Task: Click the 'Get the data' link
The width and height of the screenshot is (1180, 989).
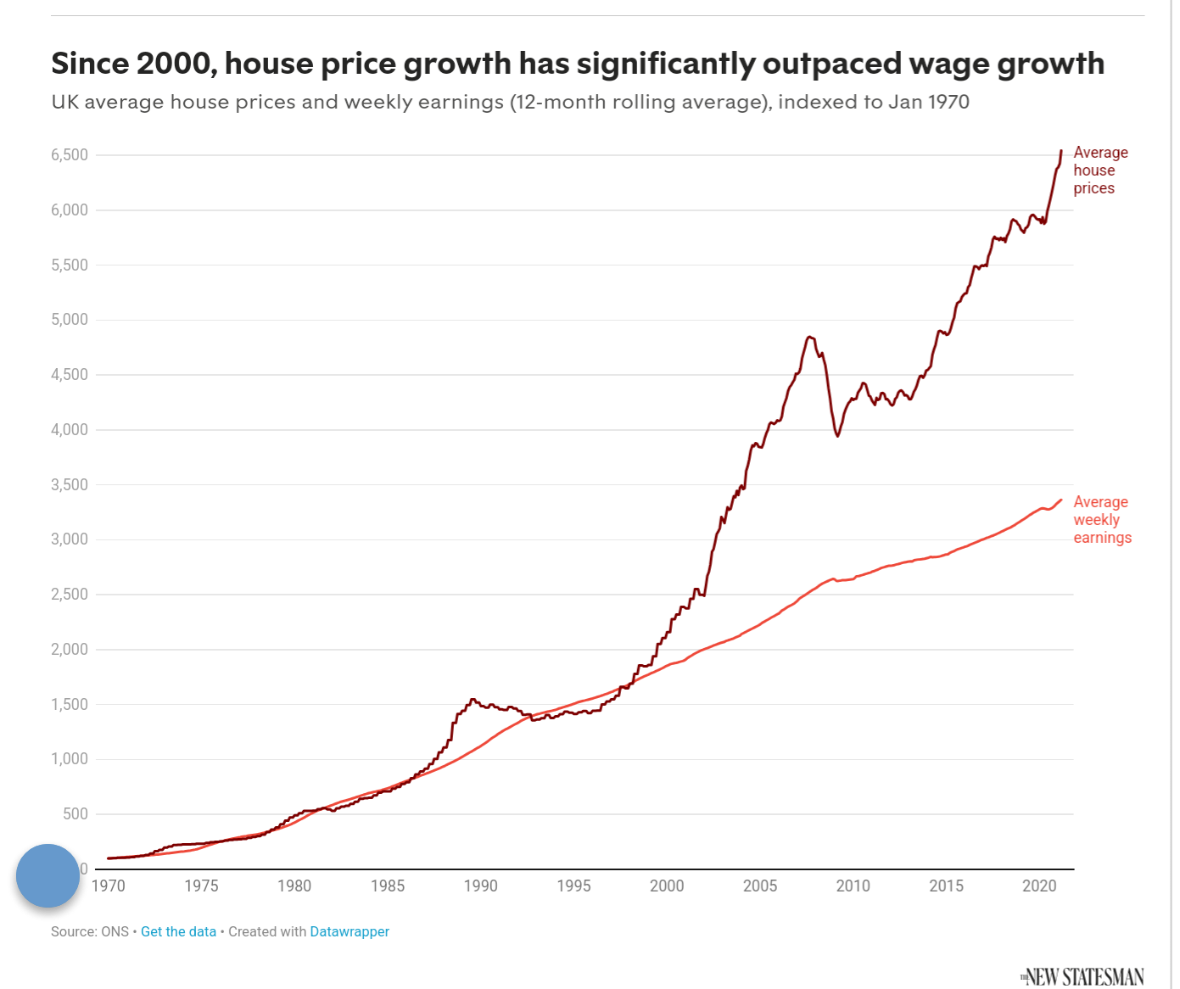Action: coord(178,931)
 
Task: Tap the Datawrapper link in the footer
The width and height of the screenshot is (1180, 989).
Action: coord(350,931)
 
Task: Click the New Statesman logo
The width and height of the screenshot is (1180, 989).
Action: coord(1082,977)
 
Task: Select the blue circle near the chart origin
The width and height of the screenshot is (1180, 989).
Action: coord(48,875)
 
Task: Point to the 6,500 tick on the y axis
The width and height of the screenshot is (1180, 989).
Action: coord(70,155)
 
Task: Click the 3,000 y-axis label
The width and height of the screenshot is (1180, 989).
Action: coord(70,539)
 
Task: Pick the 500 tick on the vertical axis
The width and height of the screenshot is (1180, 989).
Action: coord(75,814)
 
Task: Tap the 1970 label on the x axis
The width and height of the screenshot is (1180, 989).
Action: coord(108,886)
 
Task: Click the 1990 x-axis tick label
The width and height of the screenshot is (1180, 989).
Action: coord(480,886)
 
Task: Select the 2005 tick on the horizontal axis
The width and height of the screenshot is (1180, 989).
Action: coord(760,886)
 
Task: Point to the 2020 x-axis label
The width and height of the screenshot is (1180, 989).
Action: coord(1039,886)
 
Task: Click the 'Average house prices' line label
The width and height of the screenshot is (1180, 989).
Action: coord(1099,170)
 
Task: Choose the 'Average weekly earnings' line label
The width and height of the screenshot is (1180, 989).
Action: coord(1102,520)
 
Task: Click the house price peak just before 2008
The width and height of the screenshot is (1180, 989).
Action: coord(809,337)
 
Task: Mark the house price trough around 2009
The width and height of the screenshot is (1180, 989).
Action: coord(838,436)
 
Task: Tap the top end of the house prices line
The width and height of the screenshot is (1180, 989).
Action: coord(1061,151)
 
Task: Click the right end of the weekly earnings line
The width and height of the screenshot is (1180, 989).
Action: coord(1061,500)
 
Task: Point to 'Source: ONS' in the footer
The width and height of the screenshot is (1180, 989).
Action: coord(89,931)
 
